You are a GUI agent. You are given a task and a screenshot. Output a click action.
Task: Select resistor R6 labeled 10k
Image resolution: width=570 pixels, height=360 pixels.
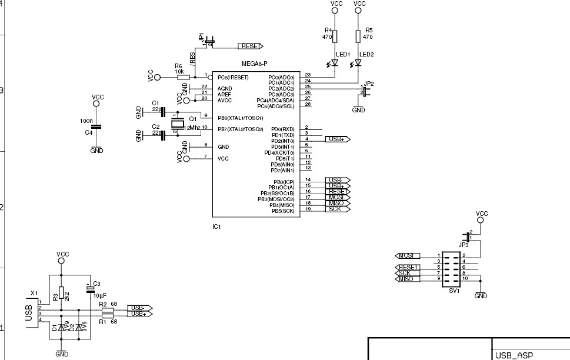tap(183, 77)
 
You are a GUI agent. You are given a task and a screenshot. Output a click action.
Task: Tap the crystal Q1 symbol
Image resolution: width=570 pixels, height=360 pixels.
tap(176, 124)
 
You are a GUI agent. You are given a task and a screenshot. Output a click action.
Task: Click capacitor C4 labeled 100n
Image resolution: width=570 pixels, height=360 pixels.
tap(97, 126)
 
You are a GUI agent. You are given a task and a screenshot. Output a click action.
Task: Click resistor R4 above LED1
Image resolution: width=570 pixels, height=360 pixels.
tap(335, 36)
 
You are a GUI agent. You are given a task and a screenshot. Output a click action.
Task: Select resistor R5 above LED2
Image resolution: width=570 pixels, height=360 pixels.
tap(358, 36)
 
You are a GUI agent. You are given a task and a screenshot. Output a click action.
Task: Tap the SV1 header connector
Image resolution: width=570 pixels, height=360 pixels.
tap(452, 270)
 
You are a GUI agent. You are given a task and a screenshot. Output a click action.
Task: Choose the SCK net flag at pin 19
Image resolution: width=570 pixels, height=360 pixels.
tap(337, 209)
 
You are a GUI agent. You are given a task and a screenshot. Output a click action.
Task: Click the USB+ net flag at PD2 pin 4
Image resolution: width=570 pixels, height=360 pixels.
tap(337, 139)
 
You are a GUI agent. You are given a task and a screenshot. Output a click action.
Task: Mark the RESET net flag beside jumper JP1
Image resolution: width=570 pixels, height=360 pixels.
tap(250, 46)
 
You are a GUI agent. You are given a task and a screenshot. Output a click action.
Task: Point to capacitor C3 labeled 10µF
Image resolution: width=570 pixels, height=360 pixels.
tap(90, 288)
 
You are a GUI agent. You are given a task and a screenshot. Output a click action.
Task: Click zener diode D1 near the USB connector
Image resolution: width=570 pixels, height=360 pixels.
tap(61, 327)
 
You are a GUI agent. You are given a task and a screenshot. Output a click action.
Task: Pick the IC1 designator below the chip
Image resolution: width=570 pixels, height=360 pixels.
tap(216, 225)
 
